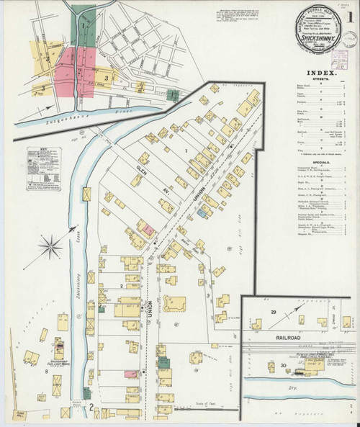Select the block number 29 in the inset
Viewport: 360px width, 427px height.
[x=274, y=311]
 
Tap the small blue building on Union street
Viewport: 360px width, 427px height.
[x=204, y=214]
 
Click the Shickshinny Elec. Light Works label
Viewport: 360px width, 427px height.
[x=59, y=363]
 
